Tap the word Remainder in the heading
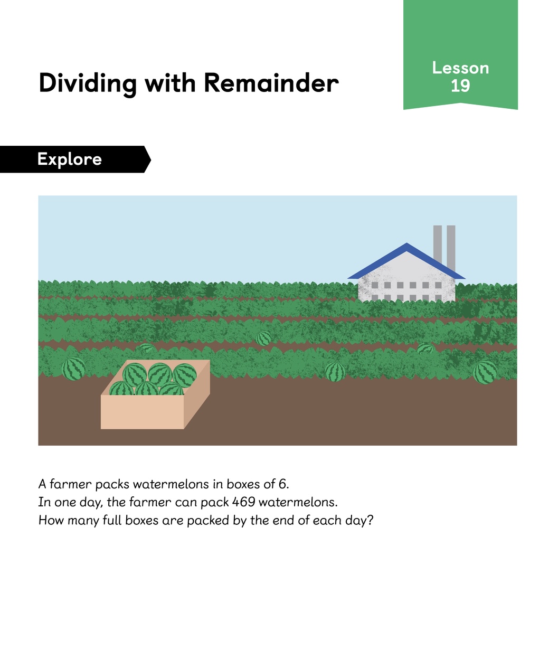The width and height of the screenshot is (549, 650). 271,83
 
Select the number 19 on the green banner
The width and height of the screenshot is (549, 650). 460,86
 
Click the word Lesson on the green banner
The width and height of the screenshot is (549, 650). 460,68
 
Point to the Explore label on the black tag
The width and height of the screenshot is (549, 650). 69,159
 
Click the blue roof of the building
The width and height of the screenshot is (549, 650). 406,261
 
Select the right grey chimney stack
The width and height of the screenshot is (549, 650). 451,248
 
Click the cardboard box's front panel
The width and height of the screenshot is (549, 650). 142,412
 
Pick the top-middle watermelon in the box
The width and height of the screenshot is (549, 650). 159,374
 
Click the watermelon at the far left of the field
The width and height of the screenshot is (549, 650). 73,369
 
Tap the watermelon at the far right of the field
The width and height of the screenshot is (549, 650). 485,372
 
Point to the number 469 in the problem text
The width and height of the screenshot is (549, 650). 244,502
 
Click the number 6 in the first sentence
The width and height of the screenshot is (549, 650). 282,484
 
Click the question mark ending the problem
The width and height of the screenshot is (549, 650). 370,520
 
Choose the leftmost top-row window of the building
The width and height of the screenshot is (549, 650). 375,285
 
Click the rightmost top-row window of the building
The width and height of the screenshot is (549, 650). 438,285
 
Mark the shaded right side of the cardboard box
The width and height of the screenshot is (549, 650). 197,394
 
